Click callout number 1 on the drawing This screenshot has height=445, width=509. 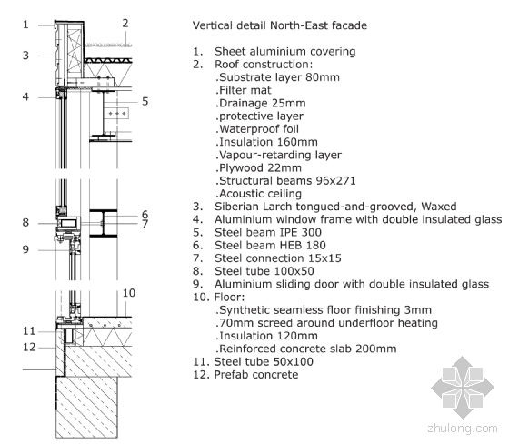25,25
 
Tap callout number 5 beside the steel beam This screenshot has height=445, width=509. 145,101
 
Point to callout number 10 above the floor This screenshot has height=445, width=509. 129,293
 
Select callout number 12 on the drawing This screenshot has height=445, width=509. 29,347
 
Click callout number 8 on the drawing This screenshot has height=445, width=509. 25,223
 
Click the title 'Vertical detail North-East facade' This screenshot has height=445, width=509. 280,25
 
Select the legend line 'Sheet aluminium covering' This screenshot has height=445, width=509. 285,51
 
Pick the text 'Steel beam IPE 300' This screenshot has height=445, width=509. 268,232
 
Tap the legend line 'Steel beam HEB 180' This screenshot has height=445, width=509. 270,246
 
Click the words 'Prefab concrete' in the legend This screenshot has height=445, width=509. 256,374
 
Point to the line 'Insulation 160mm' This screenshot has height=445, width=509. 266,142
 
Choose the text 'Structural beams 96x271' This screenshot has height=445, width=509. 285,181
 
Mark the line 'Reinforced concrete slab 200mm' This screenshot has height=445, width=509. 306,349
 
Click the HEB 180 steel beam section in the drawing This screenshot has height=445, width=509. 104,223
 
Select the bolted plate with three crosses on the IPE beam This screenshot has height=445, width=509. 117,114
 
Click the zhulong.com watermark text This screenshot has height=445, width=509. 463,429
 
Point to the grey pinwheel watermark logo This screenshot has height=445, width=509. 463,387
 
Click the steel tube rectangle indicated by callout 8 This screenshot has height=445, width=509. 68,223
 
